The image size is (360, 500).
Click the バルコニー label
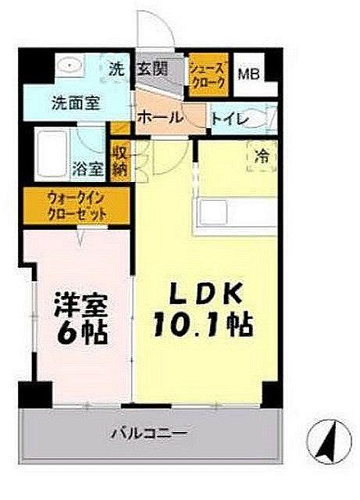(x=148, y=432)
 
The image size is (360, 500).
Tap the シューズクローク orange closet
(x=208, y=76)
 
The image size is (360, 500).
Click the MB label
(x=248, y=76)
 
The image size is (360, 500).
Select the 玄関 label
(x=154, y=69)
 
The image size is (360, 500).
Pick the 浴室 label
(x=86, y=168)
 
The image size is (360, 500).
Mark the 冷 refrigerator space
(x=263, y=155)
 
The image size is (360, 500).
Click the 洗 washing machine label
(x=117, y=69)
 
